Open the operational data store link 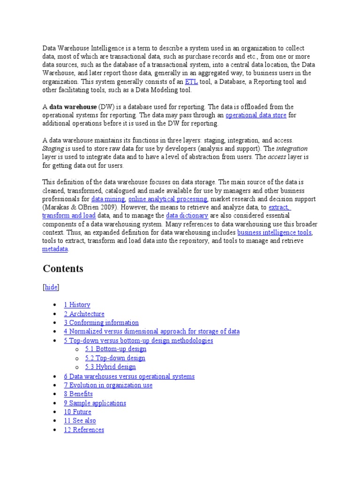256,115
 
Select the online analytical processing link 168,199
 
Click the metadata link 55,249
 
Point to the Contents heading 63,269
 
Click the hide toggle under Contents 51,287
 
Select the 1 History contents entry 77,305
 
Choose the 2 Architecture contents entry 84,314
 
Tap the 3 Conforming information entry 101,323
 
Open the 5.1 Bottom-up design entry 115,349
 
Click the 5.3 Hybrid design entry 110,367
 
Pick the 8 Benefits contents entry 78,394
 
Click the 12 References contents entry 84,430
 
